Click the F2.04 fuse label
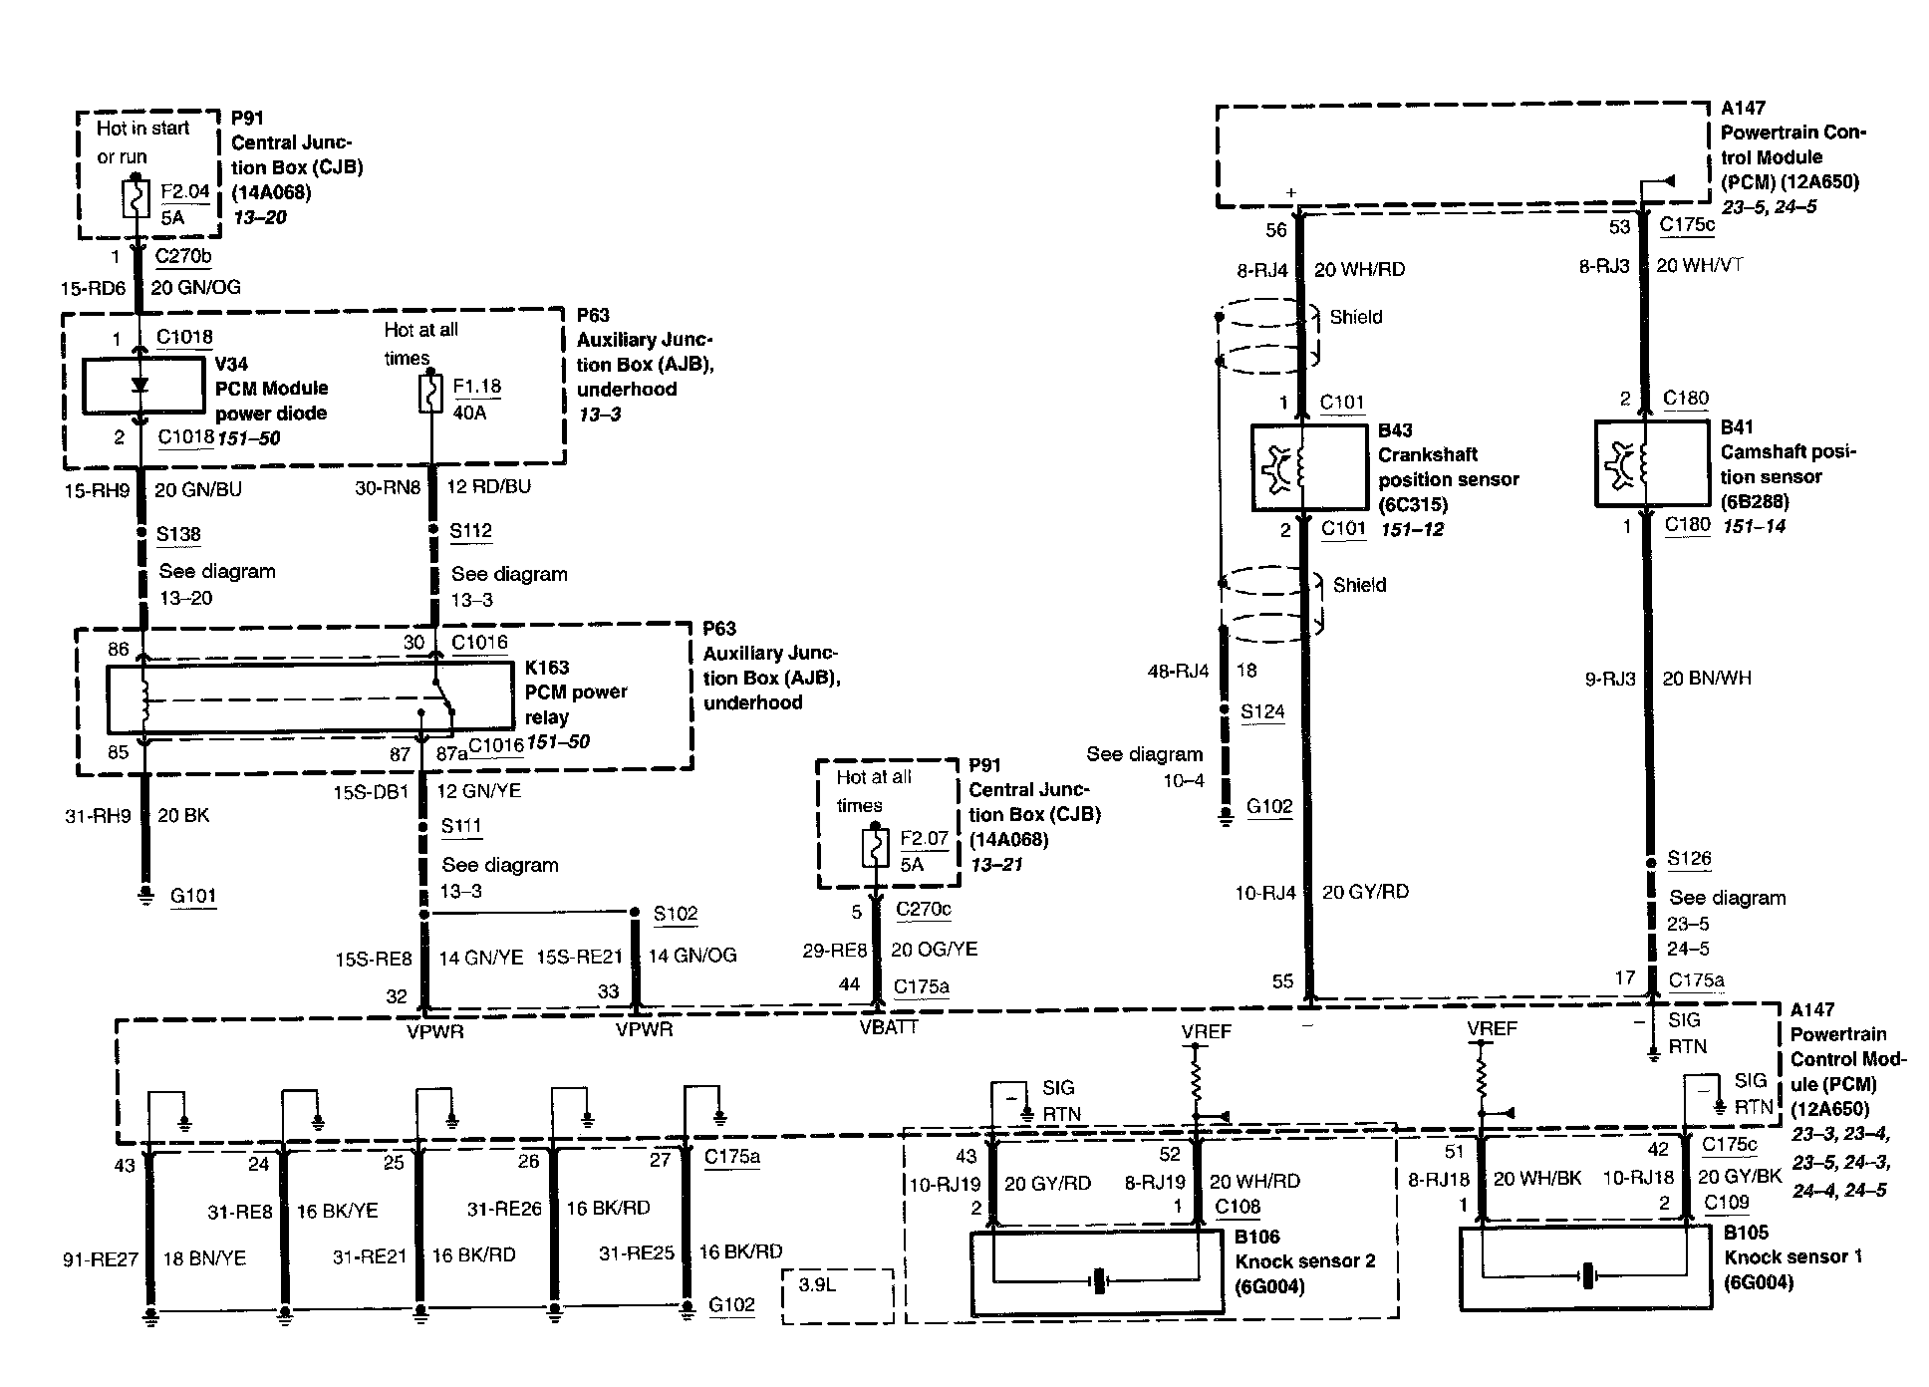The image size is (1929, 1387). [185, 191]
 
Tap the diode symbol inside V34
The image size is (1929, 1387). [140, 386]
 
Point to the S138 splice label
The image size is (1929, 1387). [178, 534]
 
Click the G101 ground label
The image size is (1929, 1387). [193, 895]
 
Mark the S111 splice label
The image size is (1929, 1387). [461, 826]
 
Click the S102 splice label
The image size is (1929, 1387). [676, 914]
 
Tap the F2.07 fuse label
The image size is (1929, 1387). [924, 839]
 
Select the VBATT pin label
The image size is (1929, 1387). [888, 1027]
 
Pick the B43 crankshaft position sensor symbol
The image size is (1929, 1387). [1309, 468]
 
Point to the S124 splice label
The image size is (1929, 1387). [1262, 711]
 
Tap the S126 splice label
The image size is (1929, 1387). [1689, 858]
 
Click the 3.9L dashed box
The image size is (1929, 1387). [837, 1295]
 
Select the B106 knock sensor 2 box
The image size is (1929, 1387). [1097, 1272]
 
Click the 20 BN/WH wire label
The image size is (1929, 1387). [1707, 679]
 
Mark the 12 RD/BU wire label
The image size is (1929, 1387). [488, 486]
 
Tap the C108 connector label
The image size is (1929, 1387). [1238, 1207]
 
